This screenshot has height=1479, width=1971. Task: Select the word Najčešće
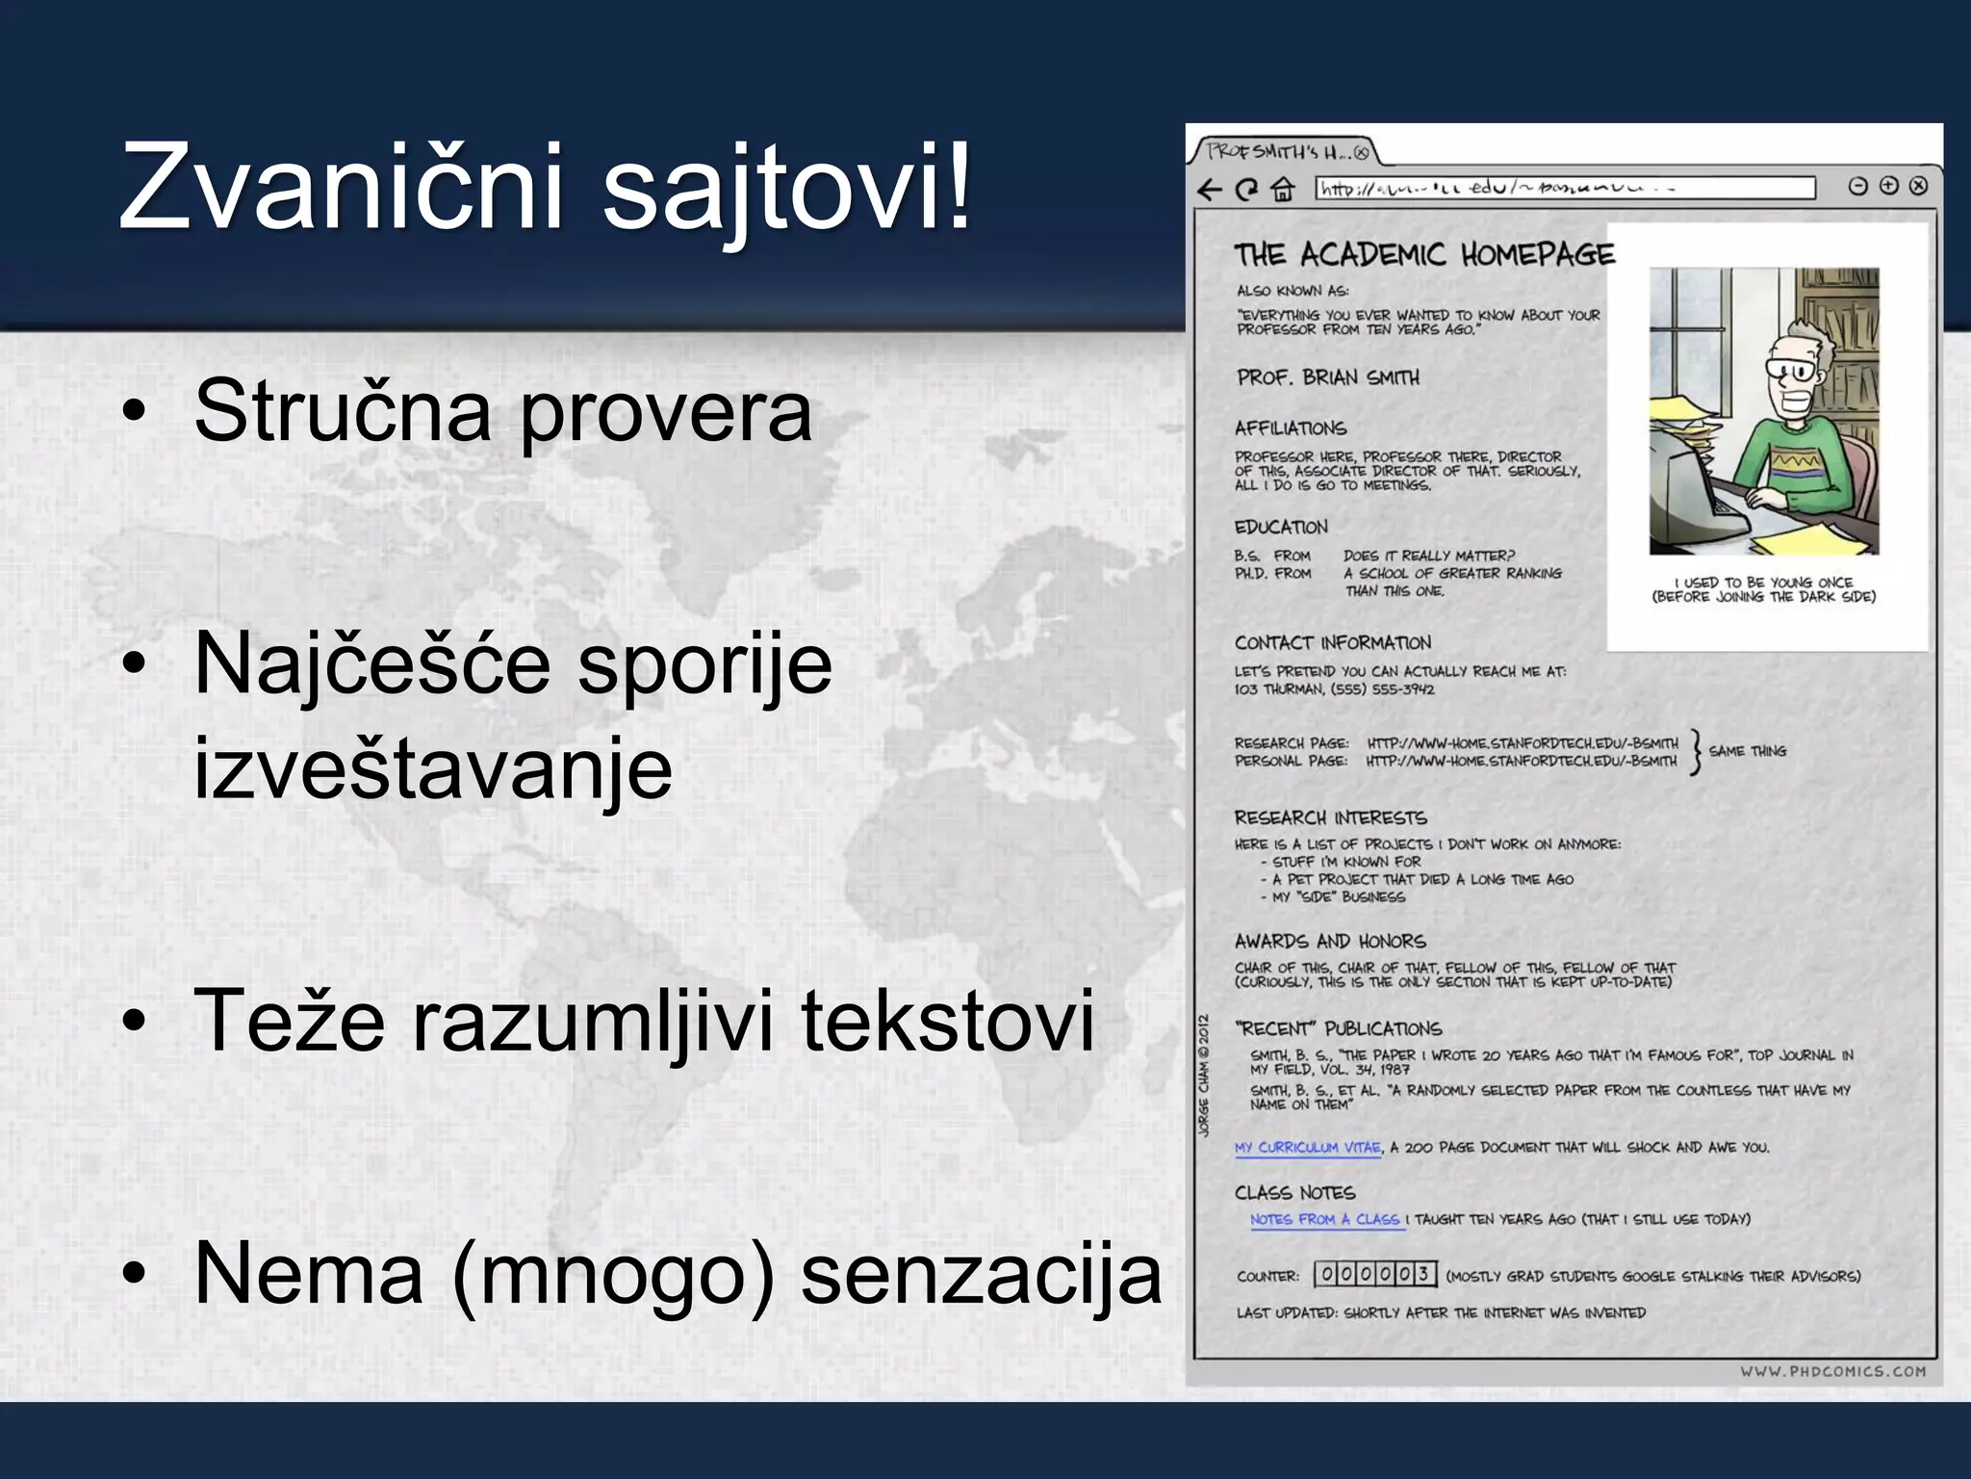[371, 664]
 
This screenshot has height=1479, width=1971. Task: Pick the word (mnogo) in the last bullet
[613, 1275]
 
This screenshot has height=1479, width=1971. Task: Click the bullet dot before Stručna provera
[134, 412]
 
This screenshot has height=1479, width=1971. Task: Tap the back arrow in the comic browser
[1210, 189]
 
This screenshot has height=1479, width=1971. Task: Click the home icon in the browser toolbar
[1283, 189]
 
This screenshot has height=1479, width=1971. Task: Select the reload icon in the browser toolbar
[1246, 189]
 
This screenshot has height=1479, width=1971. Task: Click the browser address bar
[1565, 188]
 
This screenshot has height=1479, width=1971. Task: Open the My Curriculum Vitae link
[1307, 1148]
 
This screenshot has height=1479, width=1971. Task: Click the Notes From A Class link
[1324, 1220]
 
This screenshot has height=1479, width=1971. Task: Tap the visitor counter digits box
[1375, 1275]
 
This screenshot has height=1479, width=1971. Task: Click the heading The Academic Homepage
[1424, 255]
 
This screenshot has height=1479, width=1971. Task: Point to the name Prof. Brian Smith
[1328, 377]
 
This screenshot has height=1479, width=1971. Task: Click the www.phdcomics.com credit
[1832, 1371]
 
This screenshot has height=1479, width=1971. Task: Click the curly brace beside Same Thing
[1696, 752]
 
